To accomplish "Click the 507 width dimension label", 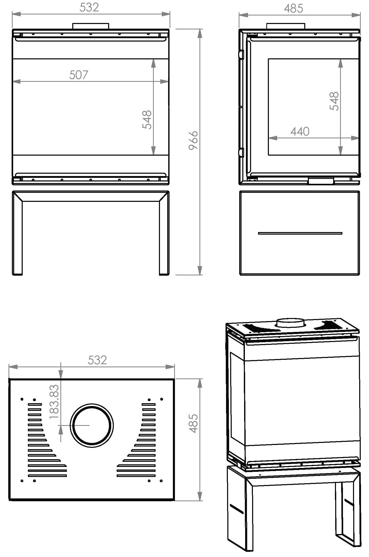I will [79, 75].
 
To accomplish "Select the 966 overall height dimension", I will [193, 140].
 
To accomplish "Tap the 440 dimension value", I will [300, 132].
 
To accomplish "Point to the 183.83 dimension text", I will [54, 402].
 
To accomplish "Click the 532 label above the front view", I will [89, 7].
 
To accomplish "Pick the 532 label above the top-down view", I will [97, 360].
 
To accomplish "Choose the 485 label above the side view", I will [293, 9].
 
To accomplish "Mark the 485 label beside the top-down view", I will [193, 424].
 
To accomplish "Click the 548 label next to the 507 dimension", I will [147, 120].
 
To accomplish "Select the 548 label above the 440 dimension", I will [334, 101].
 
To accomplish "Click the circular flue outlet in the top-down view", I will [92, 425].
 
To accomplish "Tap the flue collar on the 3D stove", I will [290, 323].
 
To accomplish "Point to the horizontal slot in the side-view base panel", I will [300, 233].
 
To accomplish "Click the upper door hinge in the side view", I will [241, 54].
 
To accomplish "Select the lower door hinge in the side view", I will [241, 152].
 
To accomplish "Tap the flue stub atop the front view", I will [91, 26].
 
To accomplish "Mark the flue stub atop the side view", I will [286, 26].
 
